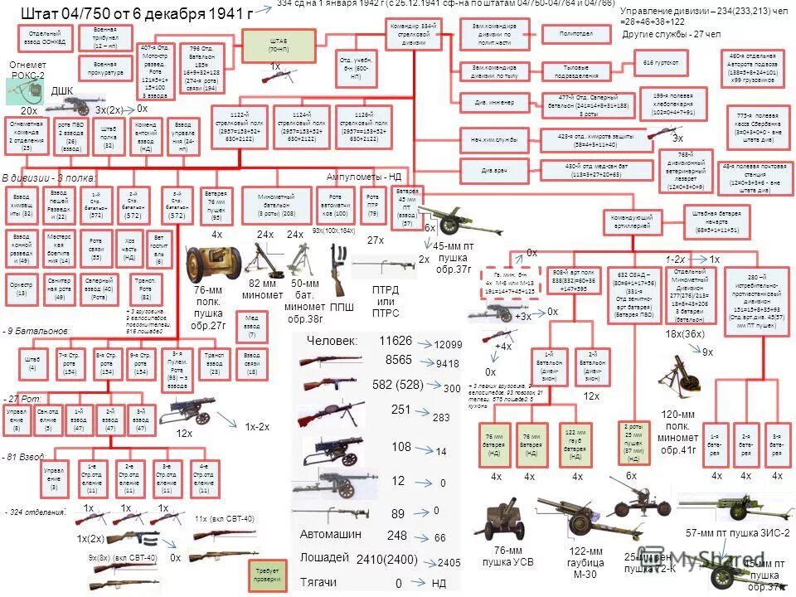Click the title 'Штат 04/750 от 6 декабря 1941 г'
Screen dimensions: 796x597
click(x=136, y=13)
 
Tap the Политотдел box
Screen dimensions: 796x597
click(x=569, y=34)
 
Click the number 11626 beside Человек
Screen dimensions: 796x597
click(x=396, y=341)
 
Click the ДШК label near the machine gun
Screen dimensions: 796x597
click(x=63, y=90)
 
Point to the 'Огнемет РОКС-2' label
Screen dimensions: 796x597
click(x=27, y=70)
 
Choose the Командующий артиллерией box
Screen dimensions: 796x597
click(x=640, y=221)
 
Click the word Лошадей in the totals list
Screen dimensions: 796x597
click(x=324, y=556)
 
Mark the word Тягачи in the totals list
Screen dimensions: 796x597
click(x=318, y=582)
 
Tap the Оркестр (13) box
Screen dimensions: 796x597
click(x=22, y=288)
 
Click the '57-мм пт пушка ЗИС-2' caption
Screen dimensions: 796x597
click(x=737, y=532)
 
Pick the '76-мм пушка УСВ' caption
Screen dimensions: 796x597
click(x=507, y=556)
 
